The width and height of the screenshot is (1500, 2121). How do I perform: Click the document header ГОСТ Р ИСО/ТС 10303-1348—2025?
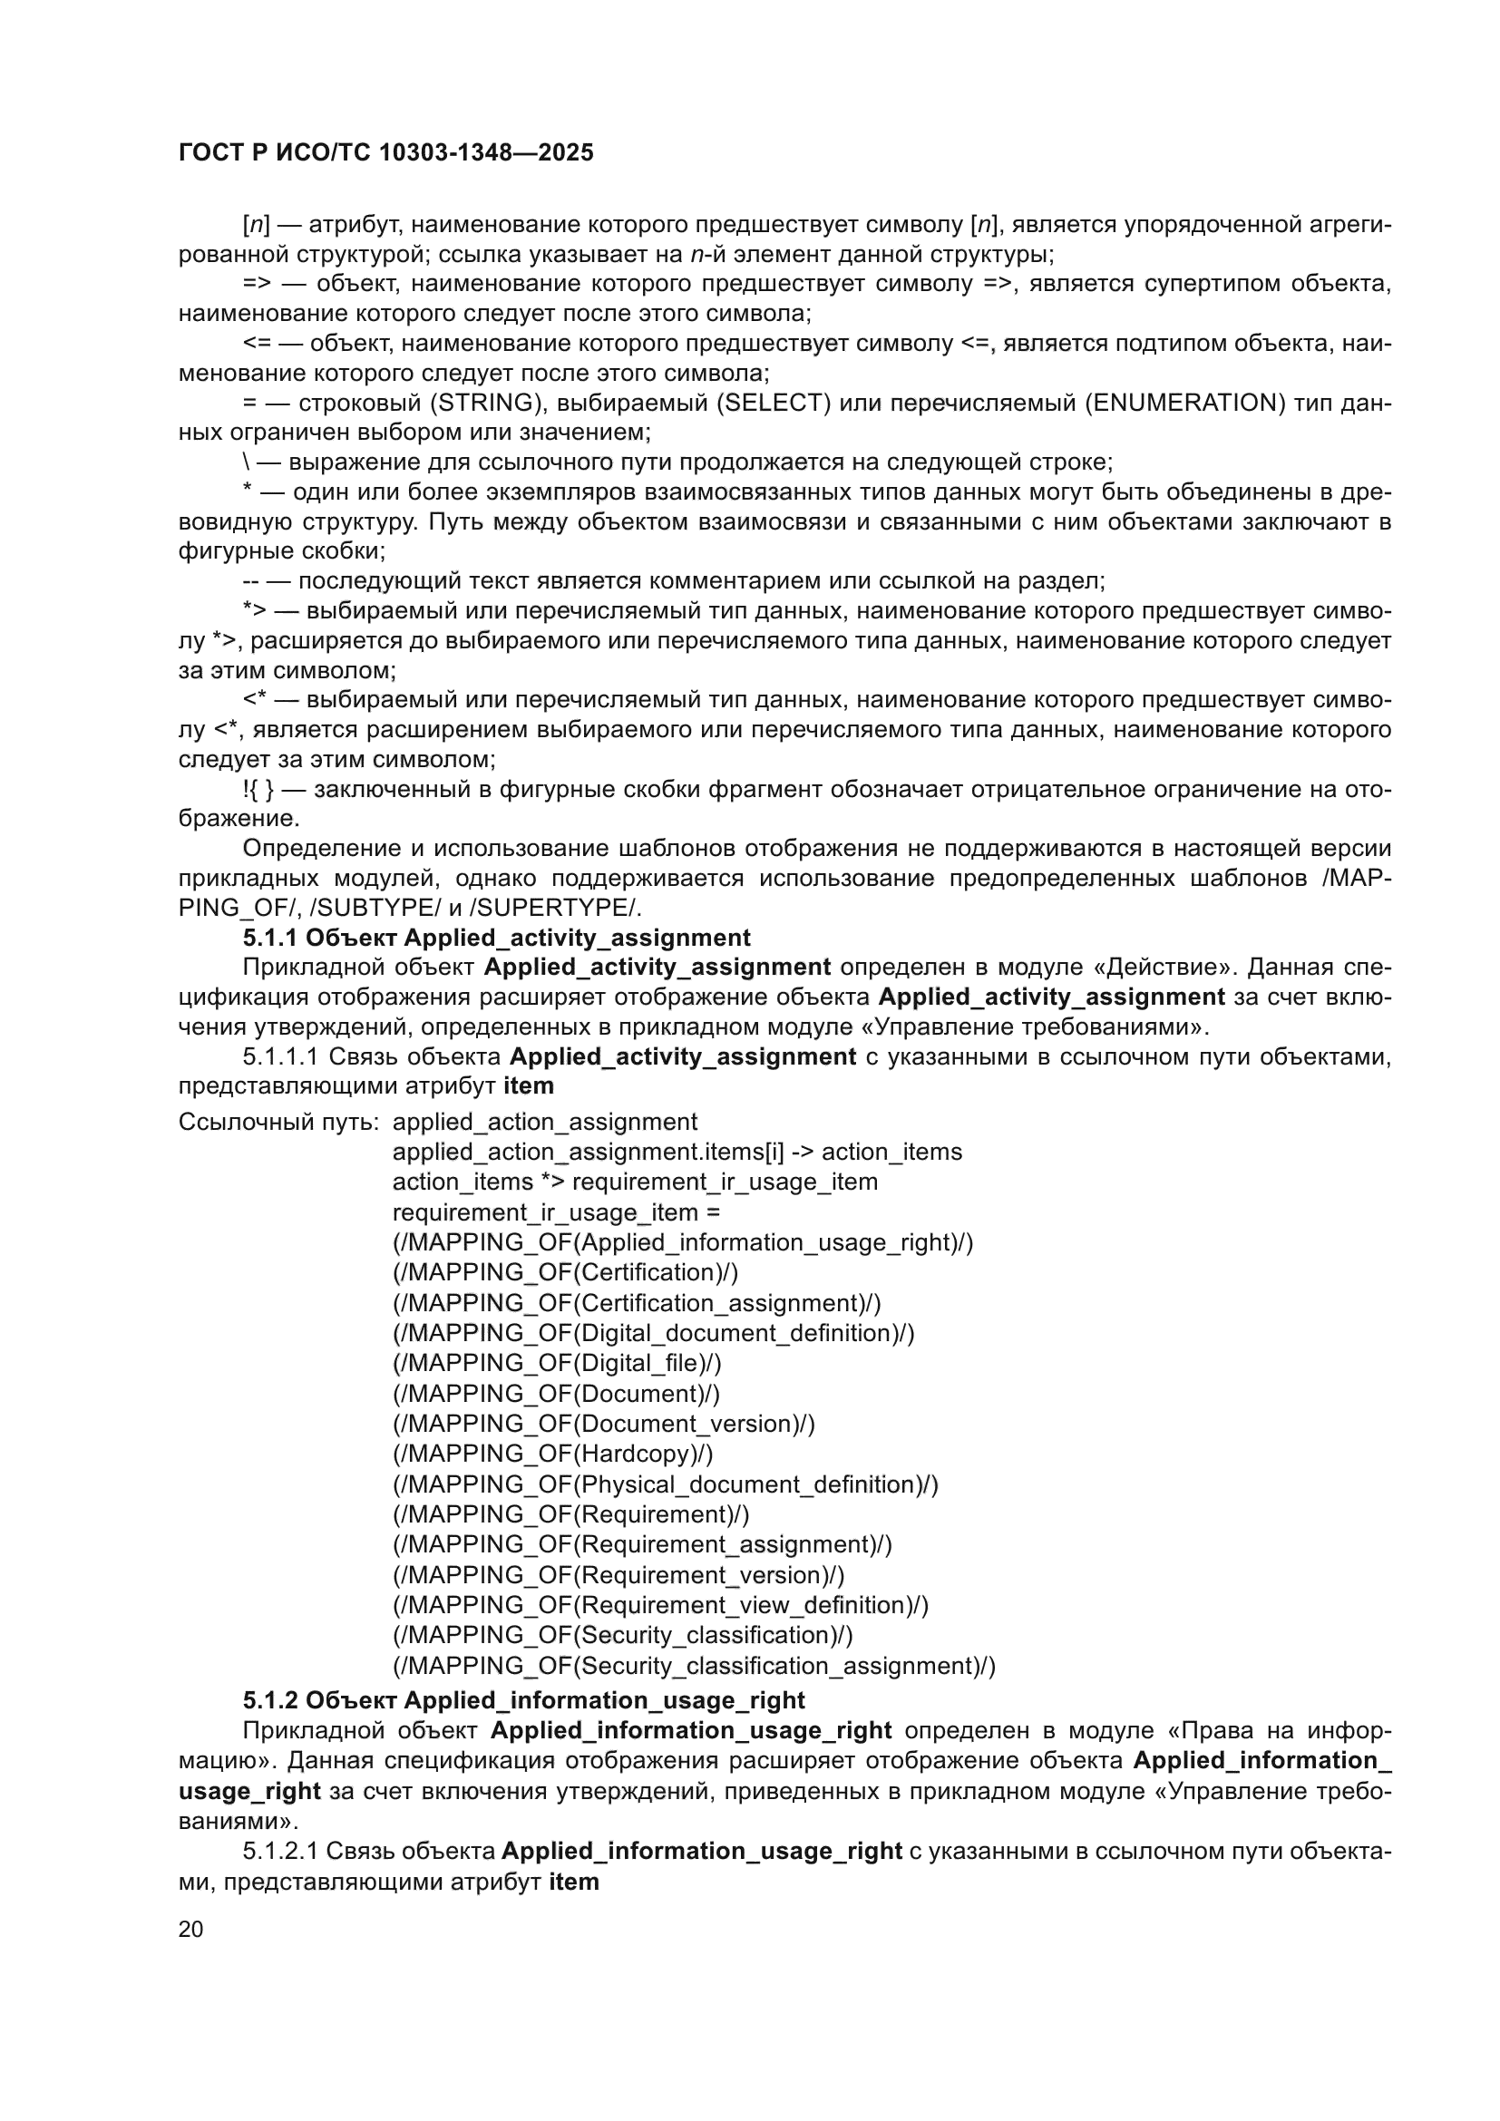pyautogui.click(x=385, y=152)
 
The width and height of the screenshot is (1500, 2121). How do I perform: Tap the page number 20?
pyautogui.click(x=190, y=1929)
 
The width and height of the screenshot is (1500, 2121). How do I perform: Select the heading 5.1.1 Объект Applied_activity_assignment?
pyautogui.click(x=496, y=938)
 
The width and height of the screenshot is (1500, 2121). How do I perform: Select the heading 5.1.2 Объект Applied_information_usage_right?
pyautogui.click(x=523, y=1700)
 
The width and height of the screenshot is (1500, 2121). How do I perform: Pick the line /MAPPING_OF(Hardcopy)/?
pyautogui.click(x=552, y=1454)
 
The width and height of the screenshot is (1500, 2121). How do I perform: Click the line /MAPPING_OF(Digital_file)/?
pyautogui.click(x=557, y=1364)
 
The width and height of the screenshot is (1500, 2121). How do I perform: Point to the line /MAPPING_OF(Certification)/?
pyautogui.click(x=565, y=1273)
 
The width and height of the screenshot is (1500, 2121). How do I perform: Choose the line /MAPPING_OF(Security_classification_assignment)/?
pyautogui.click(x=694, y=1667)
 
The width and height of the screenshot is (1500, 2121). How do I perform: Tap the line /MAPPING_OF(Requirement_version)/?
pyautogui.click(x=618, y=1575)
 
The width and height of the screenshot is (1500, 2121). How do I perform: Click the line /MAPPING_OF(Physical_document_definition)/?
pyautogui.click(x=665, y=1484)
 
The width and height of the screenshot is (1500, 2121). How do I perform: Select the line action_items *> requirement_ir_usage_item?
pyautogui.click(x=635, y=1182)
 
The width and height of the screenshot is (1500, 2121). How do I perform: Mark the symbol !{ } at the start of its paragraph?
pyautogui.click(x=258, y=790)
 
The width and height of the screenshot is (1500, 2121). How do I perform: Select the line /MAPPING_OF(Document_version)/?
pyautogui.click(x=603, y=1424)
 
